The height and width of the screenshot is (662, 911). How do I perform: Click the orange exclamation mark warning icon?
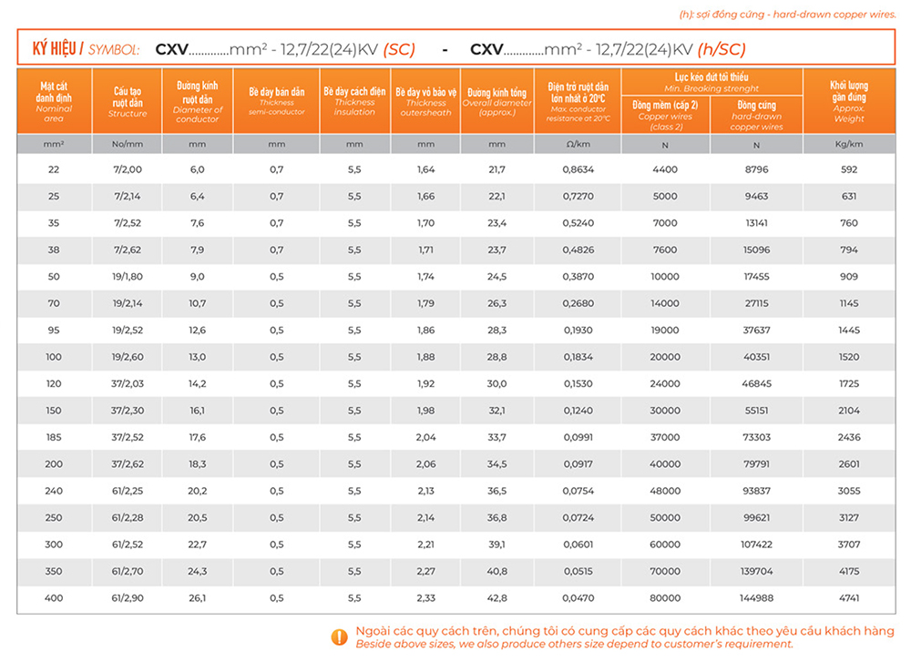tap(339, 637)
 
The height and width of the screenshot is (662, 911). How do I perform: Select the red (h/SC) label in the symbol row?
tap(722, 49)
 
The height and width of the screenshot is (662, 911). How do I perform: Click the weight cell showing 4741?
tap(848, 597)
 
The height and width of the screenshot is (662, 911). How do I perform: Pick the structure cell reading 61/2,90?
tap(127, 597)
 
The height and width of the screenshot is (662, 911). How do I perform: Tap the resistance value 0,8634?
tap(578, 169)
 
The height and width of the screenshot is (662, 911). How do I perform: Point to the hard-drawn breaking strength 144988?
tap(756, 597)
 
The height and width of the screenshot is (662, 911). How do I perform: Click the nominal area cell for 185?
tap(54, 437)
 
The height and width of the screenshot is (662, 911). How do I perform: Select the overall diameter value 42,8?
tap(496, 597)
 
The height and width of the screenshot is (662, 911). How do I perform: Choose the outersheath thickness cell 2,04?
tap(425, 437)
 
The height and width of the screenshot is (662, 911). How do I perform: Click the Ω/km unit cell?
tap(578, 144)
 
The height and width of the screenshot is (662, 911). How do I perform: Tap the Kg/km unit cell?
tap(848, 144)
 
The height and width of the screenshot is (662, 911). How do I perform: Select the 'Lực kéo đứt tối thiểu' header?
tap(711, 78)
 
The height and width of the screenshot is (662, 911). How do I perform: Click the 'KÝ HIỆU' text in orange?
tap(54, 49)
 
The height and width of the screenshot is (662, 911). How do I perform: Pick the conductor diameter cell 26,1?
tap(197, 597)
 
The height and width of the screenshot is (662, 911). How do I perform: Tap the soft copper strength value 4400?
tap(665, 169)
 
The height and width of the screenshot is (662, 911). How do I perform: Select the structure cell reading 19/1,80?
tap(127, 276)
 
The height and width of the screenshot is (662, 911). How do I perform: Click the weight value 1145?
tap(848, 303)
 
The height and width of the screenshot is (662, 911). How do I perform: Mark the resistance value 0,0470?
tap(578, 597)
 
